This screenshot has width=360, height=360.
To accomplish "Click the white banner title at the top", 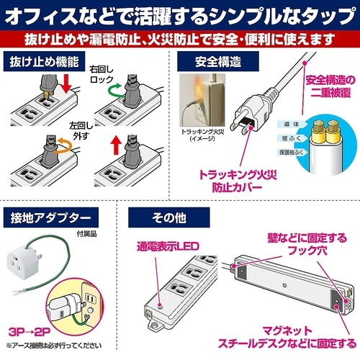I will tap(180, 15).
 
